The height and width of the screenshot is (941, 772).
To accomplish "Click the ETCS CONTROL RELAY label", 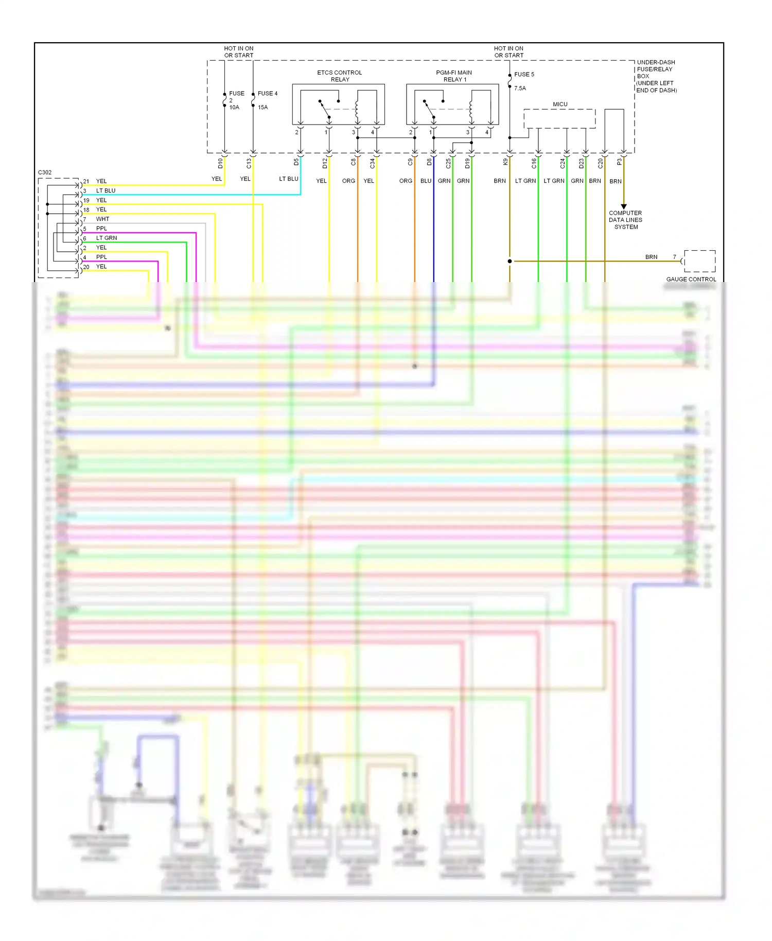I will click(x=339, y=76).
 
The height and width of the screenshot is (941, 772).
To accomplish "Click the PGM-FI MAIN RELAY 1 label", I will click(x=454, y=76).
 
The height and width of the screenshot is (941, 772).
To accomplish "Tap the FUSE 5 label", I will click(x=524, y=75).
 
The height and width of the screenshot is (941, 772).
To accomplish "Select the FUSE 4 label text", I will click(x=267, y=94).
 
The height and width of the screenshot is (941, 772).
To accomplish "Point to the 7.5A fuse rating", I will click(x=520, y=89).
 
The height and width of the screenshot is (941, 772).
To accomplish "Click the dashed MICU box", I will click(x=559, y=119).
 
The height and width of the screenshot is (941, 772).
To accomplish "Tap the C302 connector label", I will click(x=45, y=172).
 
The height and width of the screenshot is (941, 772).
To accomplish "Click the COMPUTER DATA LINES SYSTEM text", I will click(x=625, y=220).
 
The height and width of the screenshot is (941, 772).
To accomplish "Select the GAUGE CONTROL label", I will click(x=691, y=280).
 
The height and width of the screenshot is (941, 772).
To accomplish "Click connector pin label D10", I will click(x=220, y=163).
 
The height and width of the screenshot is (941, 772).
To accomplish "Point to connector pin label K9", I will click(x=505, y=162).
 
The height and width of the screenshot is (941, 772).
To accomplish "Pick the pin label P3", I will click(x=619, y=162).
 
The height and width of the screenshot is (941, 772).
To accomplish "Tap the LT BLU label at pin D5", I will click(x=288, y=179).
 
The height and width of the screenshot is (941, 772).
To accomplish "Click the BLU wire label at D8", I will click(x=426, y=181).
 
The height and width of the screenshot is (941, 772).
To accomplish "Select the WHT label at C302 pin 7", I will click(x=102, y=219).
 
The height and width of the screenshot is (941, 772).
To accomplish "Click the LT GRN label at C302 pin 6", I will click(x=107, y=238).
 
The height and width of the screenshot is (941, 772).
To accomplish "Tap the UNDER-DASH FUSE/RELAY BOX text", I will click(x=656, y=76).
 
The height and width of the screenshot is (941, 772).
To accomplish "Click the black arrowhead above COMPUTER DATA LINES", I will click(x=624, y=206).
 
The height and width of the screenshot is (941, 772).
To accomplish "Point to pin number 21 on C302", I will click(x=86, y=182).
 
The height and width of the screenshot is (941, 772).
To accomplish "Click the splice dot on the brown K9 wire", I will click(x=510, y=262).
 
